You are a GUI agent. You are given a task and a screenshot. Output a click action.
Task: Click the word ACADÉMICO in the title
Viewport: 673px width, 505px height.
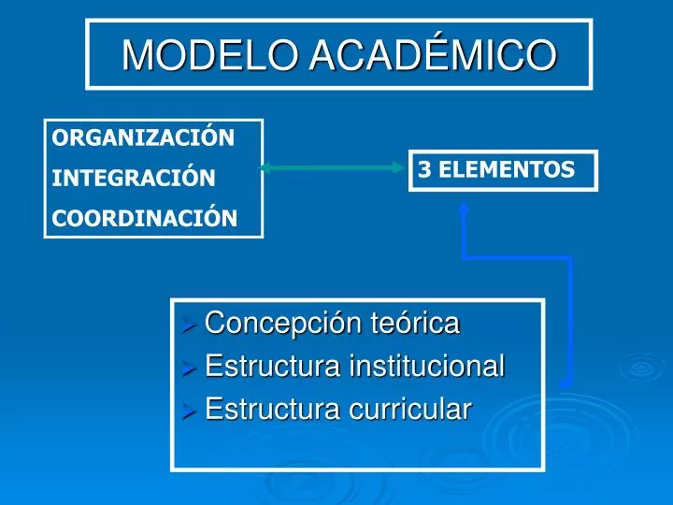432,54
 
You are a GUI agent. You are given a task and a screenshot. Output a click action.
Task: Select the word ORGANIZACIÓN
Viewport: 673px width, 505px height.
143,138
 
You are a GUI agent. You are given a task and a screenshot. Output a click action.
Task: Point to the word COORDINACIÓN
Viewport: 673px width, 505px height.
145,218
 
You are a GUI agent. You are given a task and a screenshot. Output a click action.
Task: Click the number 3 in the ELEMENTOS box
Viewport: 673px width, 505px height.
423,169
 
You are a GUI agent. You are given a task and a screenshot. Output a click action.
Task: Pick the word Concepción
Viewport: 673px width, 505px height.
267,325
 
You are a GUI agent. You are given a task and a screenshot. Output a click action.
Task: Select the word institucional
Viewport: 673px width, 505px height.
425,367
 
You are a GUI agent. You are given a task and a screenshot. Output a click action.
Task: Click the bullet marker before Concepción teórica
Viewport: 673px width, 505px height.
188,325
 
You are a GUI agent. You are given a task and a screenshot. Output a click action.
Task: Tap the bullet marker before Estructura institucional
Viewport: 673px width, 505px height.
188,368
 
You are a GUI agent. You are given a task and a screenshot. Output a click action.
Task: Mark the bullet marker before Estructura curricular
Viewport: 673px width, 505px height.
188,410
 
